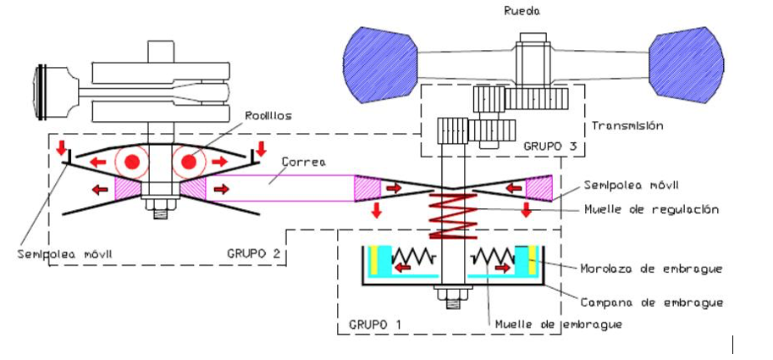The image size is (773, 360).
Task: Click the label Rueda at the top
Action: pos(522,11)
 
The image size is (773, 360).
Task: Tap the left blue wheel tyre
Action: pos(379,64)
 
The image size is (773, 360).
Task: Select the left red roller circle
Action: pos(131,162)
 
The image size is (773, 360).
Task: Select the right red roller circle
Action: pos(189,162)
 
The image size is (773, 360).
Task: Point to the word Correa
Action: pos(303,163)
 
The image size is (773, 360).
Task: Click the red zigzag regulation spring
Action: pos(453,216)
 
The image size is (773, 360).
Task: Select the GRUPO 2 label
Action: pos(253,253)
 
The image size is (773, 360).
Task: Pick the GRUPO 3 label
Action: pos(549,147)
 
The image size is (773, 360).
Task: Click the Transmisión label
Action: pos(627,125)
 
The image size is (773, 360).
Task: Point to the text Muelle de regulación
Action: pos(651,209)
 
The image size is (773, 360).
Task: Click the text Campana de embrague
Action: pos(652,302)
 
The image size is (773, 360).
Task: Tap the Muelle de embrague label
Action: pos(559,324)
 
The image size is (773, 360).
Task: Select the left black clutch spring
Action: pos(414,257)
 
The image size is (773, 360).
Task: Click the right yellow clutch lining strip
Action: pos(532,259)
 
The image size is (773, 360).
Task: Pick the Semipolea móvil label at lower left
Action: pos(65,254)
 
